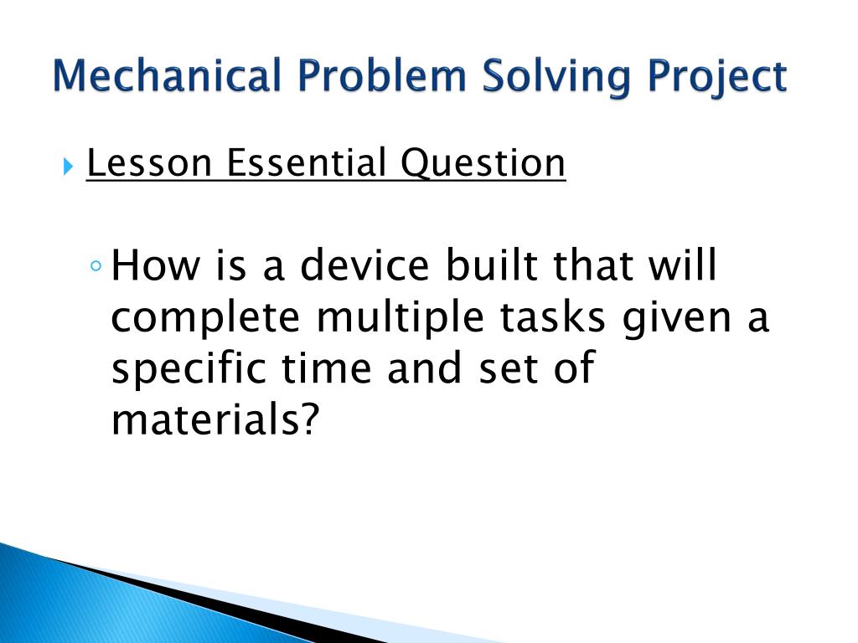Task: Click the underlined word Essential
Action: (x=308, y=163)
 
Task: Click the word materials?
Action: (x=216, y=419)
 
